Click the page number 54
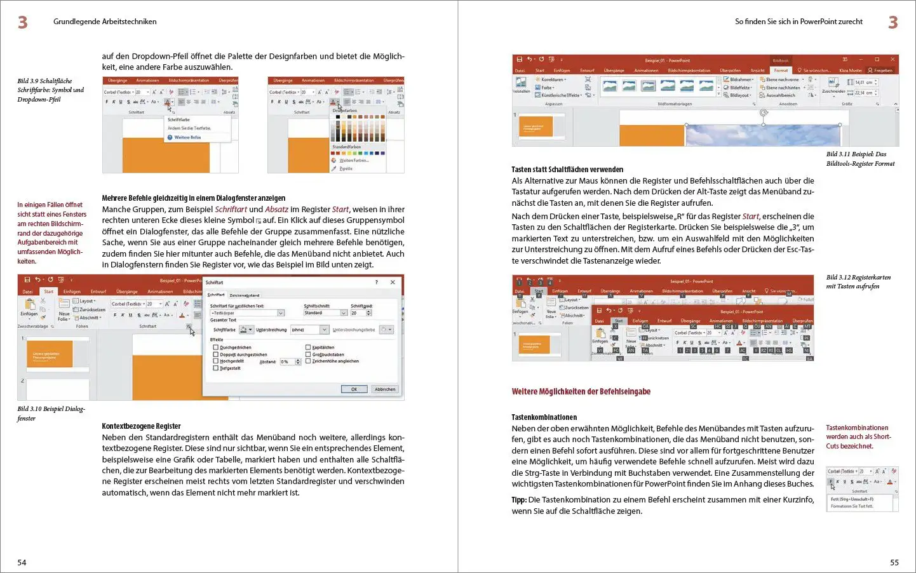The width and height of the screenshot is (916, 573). point(22,562)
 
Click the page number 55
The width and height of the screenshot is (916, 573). point(894,562)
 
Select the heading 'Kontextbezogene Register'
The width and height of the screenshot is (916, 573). point(141,426)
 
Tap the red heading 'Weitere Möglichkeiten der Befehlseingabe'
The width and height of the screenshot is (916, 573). point(581,391)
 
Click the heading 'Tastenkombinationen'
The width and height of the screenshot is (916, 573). point(544,417)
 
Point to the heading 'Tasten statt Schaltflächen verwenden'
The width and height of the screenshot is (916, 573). point(567,170)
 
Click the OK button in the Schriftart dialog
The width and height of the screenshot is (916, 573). point(354,389)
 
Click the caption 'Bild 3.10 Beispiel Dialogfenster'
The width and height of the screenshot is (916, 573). point(51,414)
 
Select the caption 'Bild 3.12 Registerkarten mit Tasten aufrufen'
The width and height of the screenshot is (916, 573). point(858,281)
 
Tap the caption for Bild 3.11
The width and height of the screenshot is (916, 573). point(859,159)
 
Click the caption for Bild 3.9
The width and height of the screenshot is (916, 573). point(50,90)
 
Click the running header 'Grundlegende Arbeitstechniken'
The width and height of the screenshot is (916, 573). point(105,22)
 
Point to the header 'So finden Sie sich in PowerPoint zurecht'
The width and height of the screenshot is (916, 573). point(798,22)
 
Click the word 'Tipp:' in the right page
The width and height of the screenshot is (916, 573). point(519,500)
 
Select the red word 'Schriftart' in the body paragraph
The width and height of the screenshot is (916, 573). point(231,209)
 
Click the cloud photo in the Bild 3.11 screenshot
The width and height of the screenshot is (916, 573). point(762,135)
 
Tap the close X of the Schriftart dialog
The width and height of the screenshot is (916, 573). point(393,282)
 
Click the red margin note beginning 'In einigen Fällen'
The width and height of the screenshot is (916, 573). point(51,233)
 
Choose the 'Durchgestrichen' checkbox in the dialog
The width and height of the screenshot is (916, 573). point(216,347)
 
